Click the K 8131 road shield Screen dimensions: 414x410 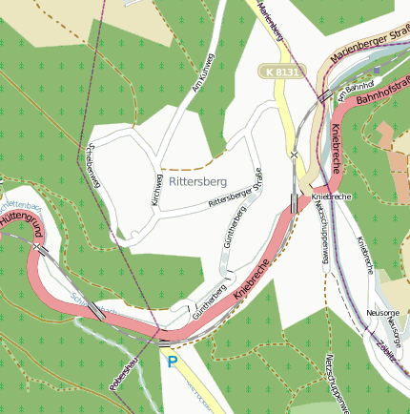(x=283, y=72)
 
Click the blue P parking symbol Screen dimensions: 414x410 (x=173, y=362)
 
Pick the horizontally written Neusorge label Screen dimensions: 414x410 (x=382, y=312)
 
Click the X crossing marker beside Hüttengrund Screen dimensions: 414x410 (x=37, y=247)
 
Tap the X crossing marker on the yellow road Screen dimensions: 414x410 (x=295, y=154)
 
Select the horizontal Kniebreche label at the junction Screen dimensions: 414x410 (x=331, y=196)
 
